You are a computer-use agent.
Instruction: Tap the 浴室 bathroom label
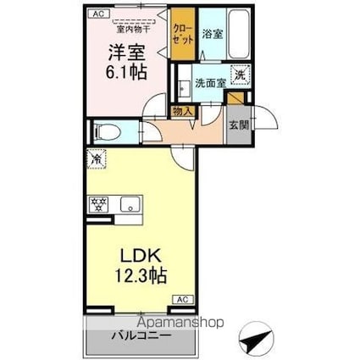(x=213, y=35)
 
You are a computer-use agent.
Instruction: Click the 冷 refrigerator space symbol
(x=95, y=158)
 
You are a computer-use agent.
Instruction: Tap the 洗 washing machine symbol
(x=240, y=75)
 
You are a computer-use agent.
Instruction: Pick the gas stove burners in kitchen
(x=98, y=204)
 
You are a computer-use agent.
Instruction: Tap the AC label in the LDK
(x=181, y=298)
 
